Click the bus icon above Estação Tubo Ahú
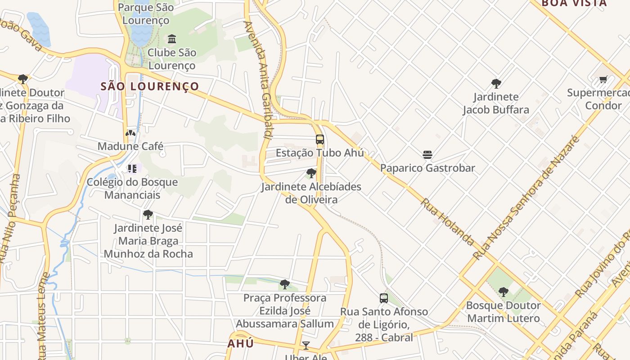pos(320,139)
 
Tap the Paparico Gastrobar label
pos(427,168)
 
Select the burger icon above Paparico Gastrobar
pos(427,155)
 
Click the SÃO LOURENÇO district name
pos(150,86)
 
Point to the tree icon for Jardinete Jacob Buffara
pos(496,84)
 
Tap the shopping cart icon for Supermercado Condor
pos(603,80)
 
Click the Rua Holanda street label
pos(447,222)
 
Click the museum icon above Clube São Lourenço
pos(172,39)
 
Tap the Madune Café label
pos(130,146)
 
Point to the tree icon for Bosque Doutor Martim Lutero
pos(504,292)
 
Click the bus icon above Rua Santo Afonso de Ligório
pos(384,298)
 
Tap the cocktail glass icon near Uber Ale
pos(306,346)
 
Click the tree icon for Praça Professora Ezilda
pos(284,284)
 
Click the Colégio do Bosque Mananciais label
pos(132,189)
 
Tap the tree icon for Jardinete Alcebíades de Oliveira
pos(311,173)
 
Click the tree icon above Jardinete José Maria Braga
pos(148,215)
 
